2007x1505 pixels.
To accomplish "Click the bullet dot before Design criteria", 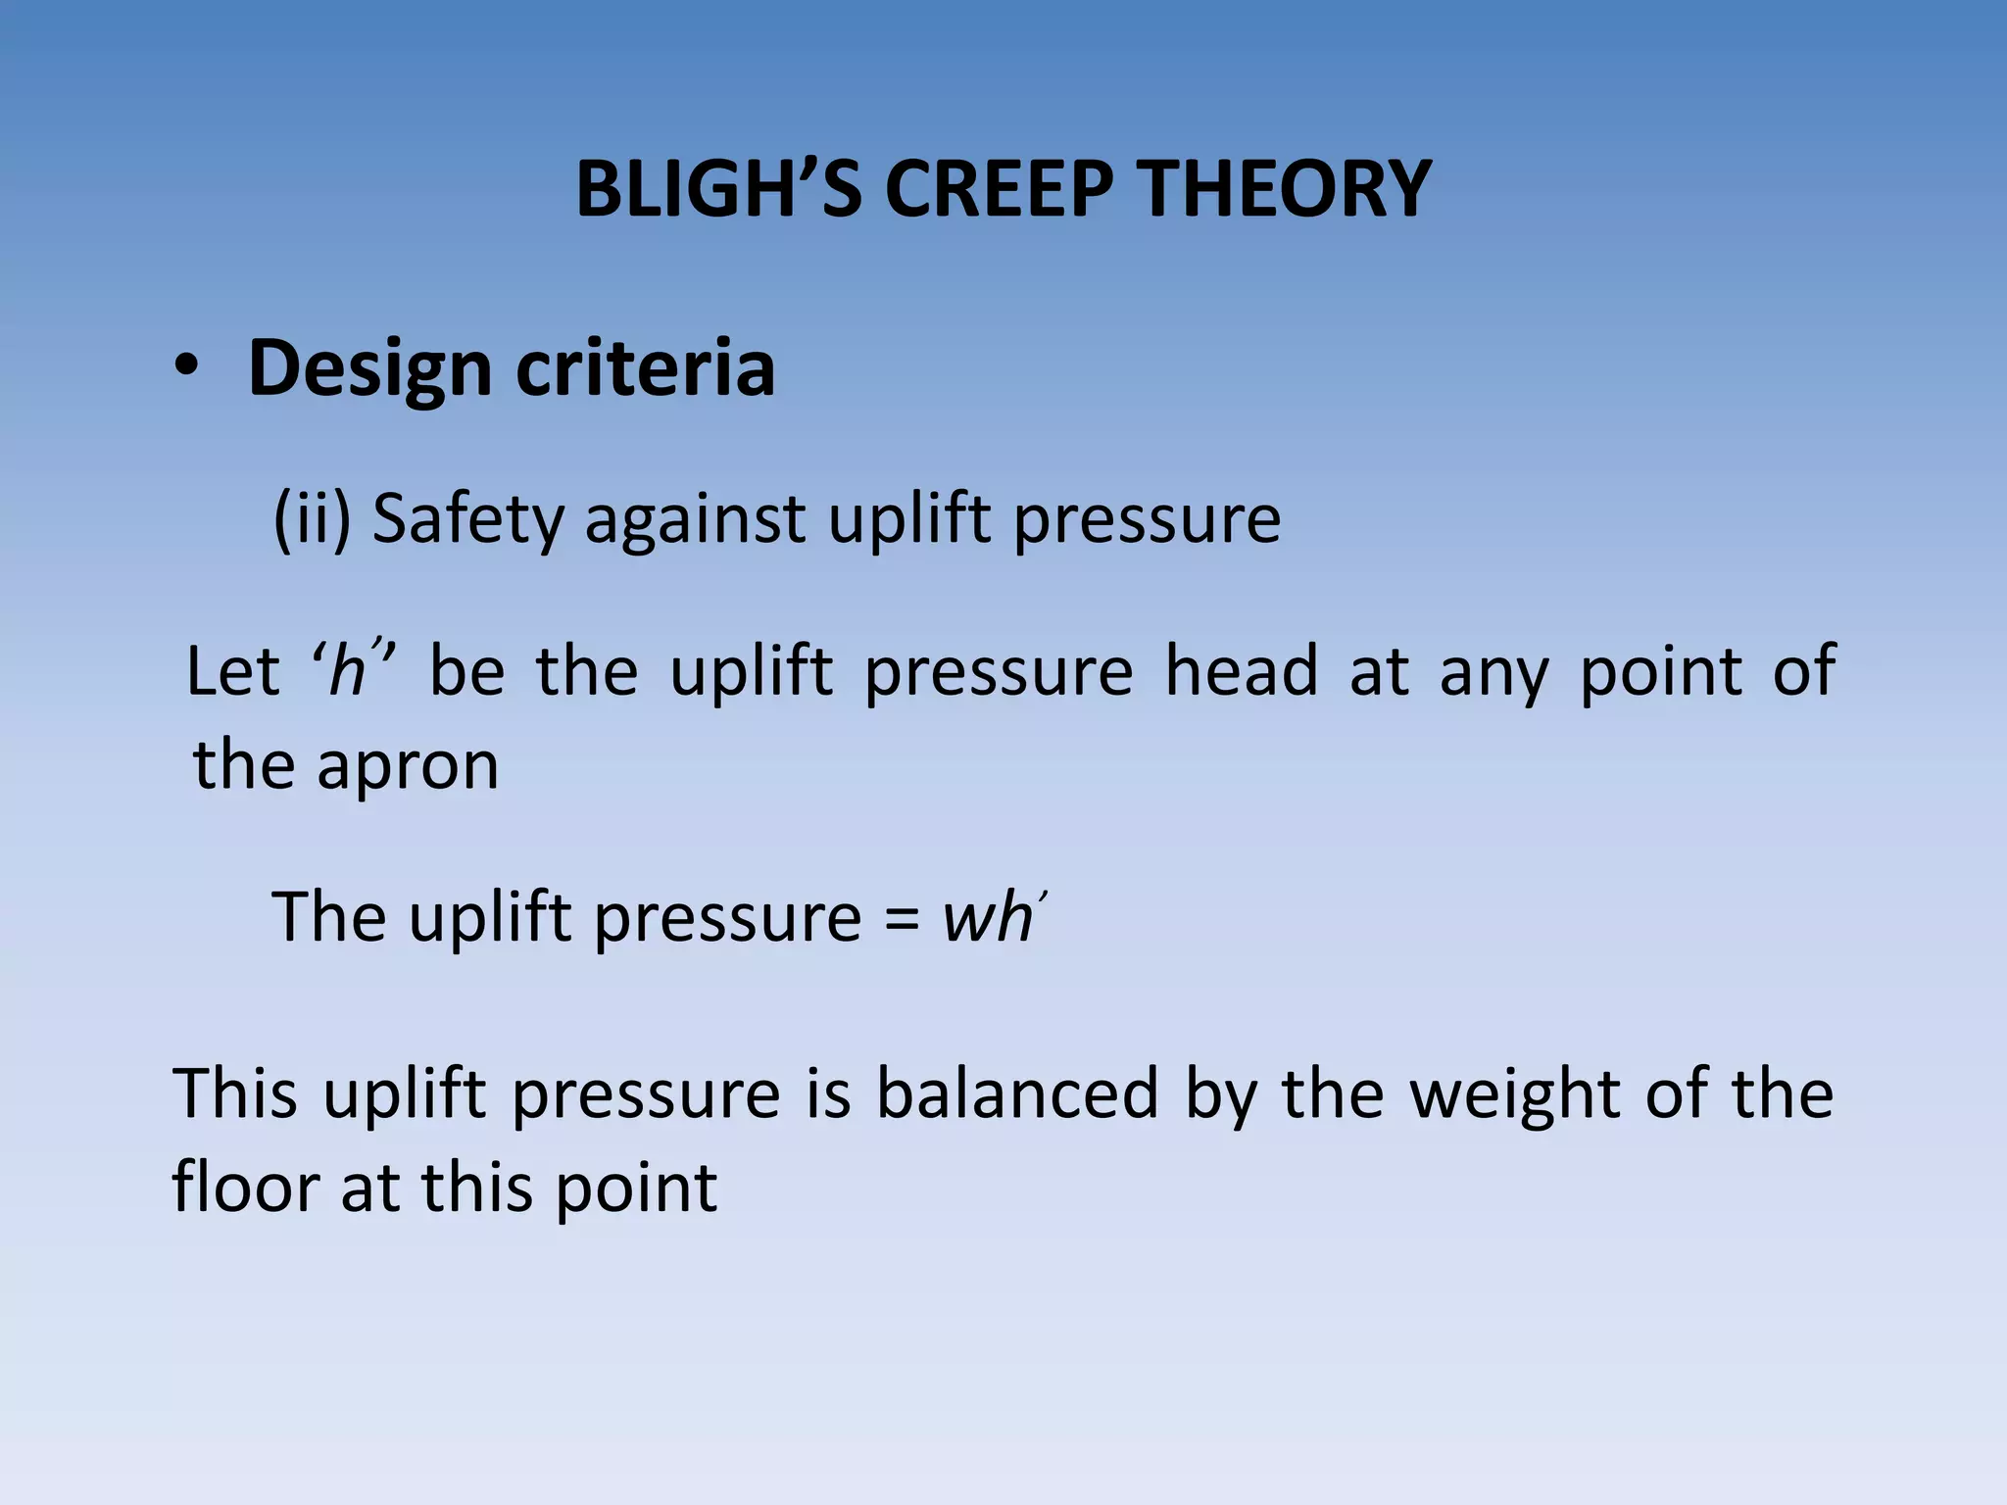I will point(186,369).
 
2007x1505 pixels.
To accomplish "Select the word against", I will point(695,519).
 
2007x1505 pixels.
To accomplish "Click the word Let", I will point(233,671).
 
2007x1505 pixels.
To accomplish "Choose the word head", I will point(1242,671).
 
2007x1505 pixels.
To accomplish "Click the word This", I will point(235,1093).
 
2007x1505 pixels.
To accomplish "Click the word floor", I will point(245,1188).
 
